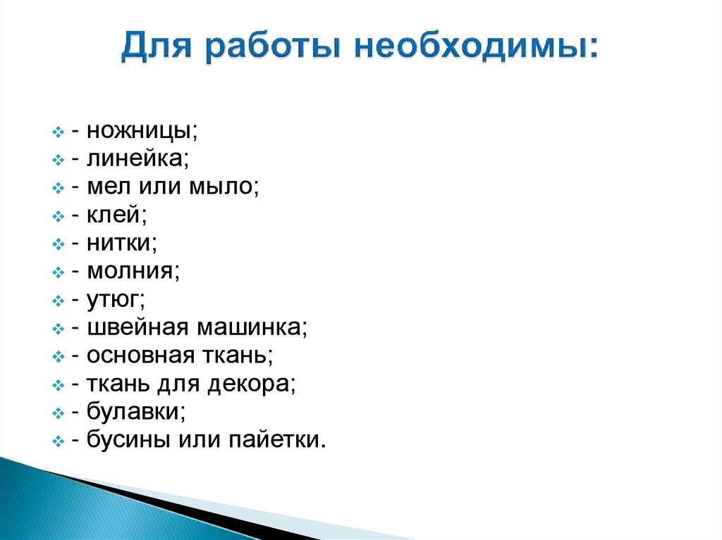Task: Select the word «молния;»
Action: point(134,271)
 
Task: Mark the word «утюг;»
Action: point(116,299)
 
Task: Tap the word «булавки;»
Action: point(136,412)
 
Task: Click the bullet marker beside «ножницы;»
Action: point(59,133)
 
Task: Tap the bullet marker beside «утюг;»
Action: point(59,301)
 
